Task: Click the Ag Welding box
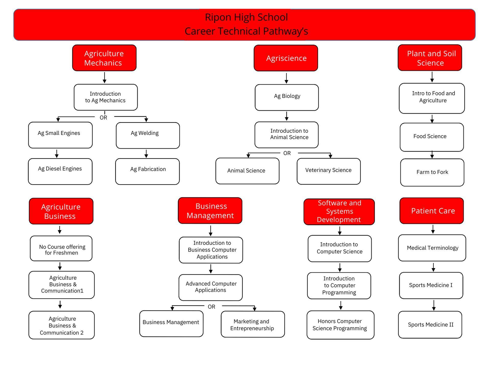coord(148,135)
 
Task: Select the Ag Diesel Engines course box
coord(60,171)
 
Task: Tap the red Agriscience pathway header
coord(286,58)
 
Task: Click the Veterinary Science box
coord(328,171)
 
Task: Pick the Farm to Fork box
coord(432,172)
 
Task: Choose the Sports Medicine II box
coord(430,325)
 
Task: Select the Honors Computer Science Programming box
coord(340,325)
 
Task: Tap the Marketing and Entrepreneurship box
coord(253,324)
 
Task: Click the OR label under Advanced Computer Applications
coord(211,307)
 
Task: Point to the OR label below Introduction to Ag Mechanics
coord(103,118)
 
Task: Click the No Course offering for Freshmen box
coord(61,248)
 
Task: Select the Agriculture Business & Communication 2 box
coord(62,325)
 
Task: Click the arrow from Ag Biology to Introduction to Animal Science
coord(287,116)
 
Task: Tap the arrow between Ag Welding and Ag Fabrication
coord(146,154)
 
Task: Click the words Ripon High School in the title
coord(246,17)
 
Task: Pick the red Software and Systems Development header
coord(339,212)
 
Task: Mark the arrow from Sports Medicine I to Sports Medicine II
coord(434,305)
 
